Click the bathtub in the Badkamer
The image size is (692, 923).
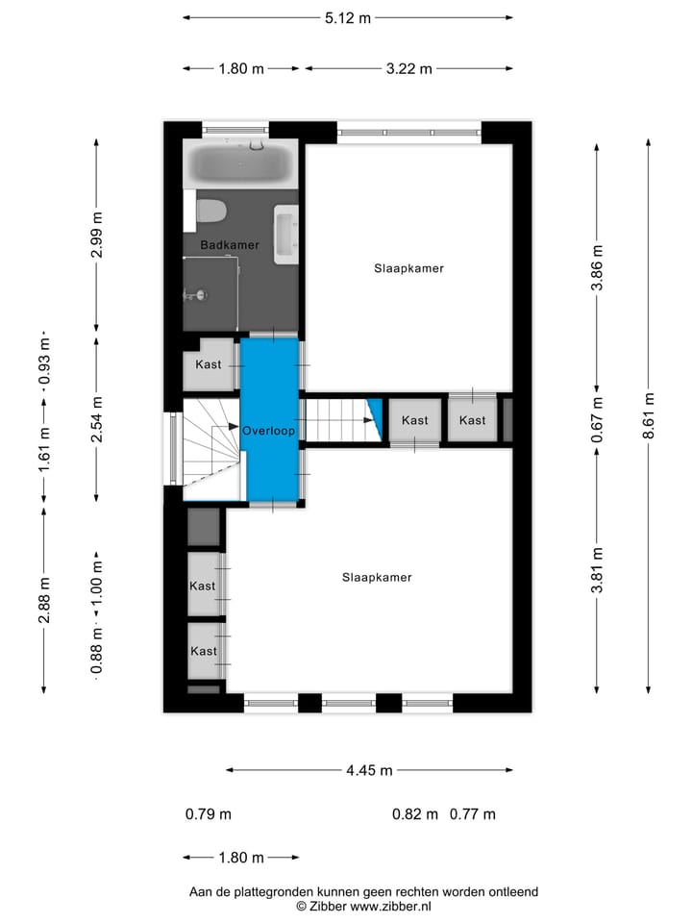(239, 165)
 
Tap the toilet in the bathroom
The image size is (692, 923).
(210, 210)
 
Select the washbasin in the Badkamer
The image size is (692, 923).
(286, 234)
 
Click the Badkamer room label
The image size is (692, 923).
(230, 245)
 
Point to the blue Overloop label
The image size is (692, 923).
(268, 432)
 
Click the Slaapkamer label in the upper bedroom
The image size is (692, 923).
(408, 269)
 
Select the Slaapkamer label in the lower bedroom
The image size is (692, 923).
(377, 578)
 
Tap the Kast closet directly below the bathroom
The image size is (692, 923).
(209, 364)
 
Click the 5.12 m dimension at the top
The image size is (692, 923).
(347, 17)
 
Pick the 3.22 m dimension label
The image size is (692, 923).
(408, 68)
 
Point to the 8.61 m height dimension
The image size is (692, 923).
(650, 415)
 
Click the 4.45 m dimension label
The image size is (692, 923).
(369, 770)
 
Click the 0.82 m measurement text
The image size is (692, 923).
(415, 814)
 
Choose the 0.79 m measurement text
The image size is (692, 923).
(209, 814)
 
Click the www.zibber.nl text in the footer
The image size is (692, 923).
(391, 906)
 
